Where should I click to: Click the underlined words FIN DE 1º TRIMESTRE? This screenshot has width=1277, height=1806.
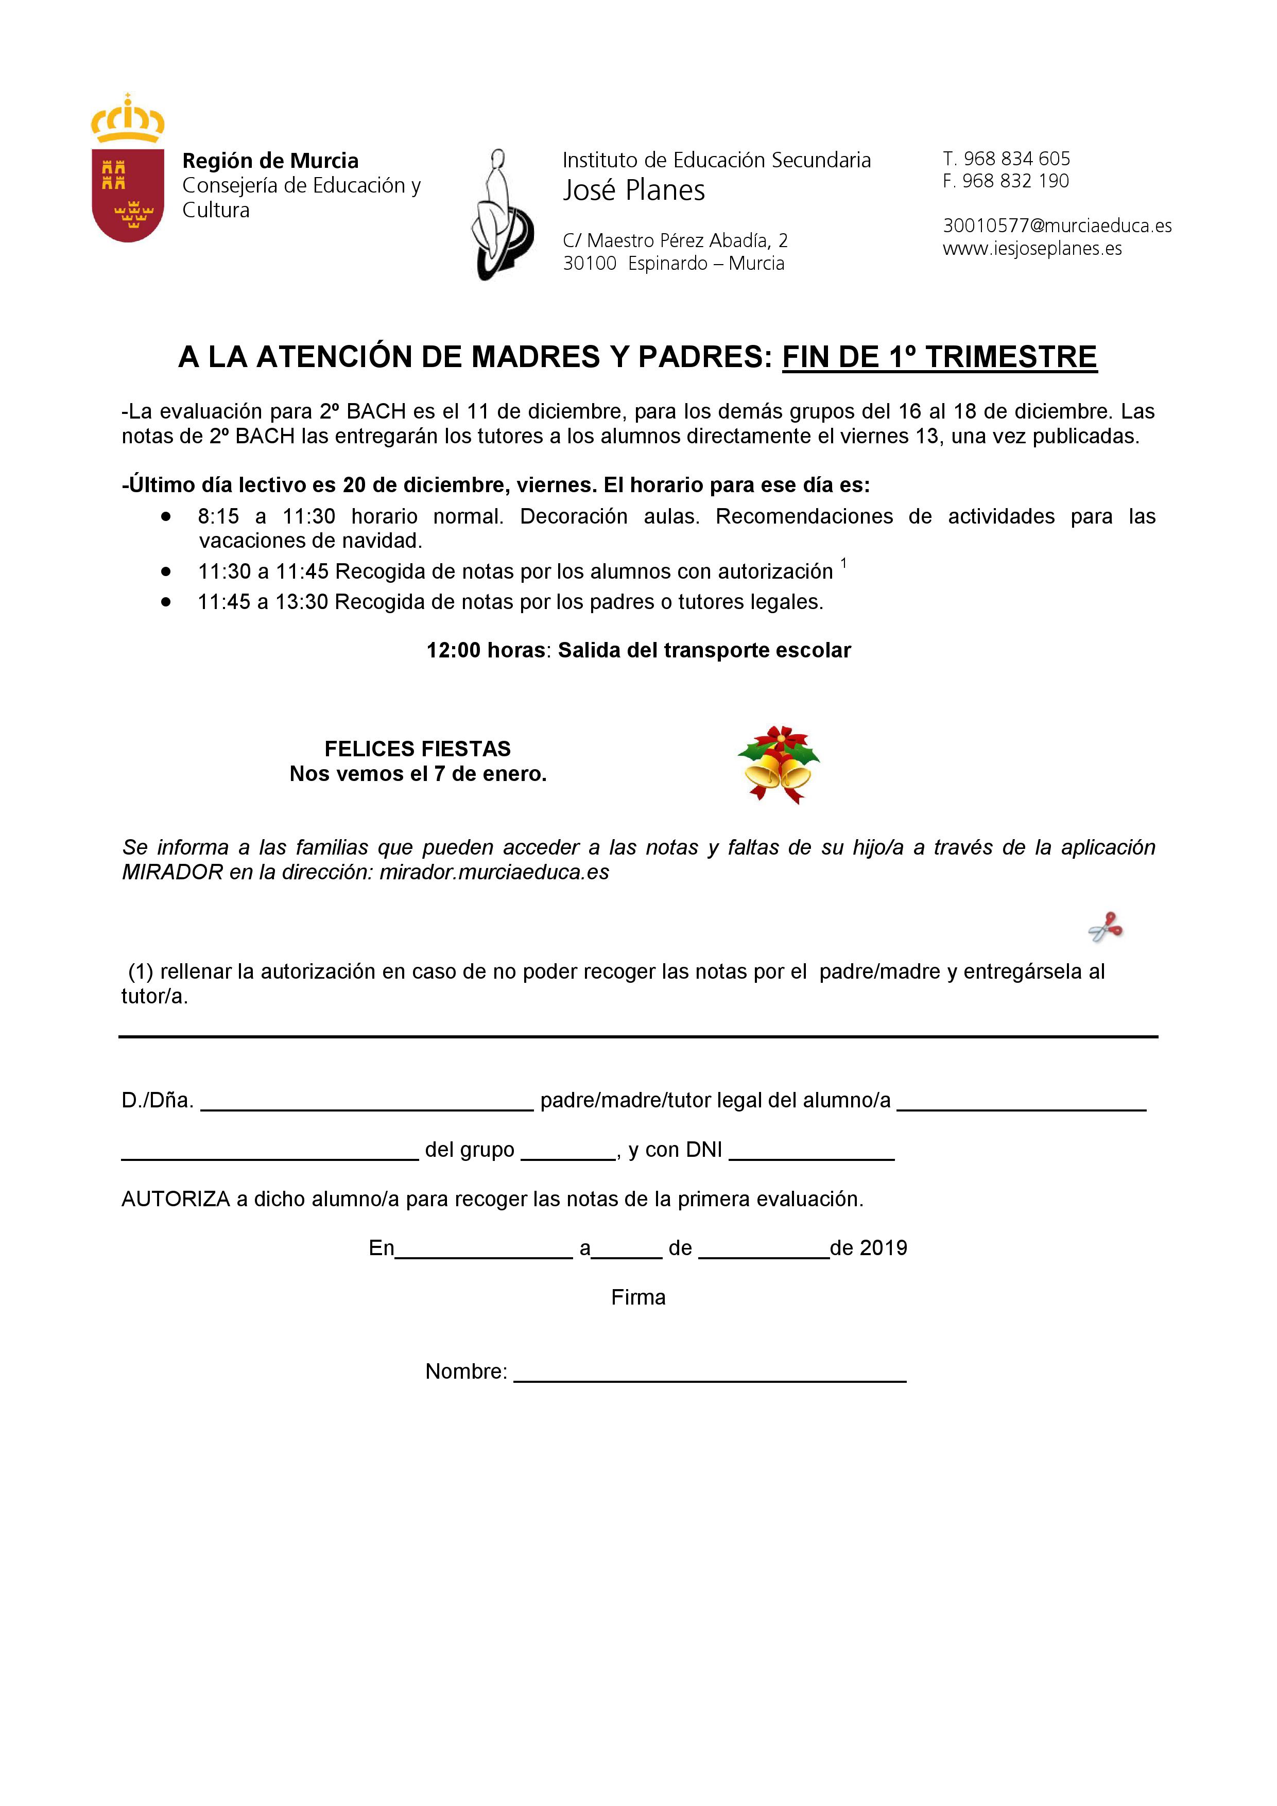939,357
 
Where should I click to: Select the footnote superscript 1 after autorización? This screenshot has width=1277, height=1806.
843,563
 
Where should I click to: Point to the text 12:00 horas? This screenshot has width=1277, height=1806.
486,651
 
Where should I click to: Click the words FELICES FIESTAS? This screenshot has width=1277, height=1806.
417,749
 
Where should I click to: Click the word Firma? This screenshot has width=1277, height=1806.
638,1298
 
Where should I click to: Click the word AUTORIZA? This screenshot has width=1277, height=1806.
176,1200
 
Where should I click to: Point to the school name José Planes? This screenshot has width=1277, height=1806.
633,190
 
